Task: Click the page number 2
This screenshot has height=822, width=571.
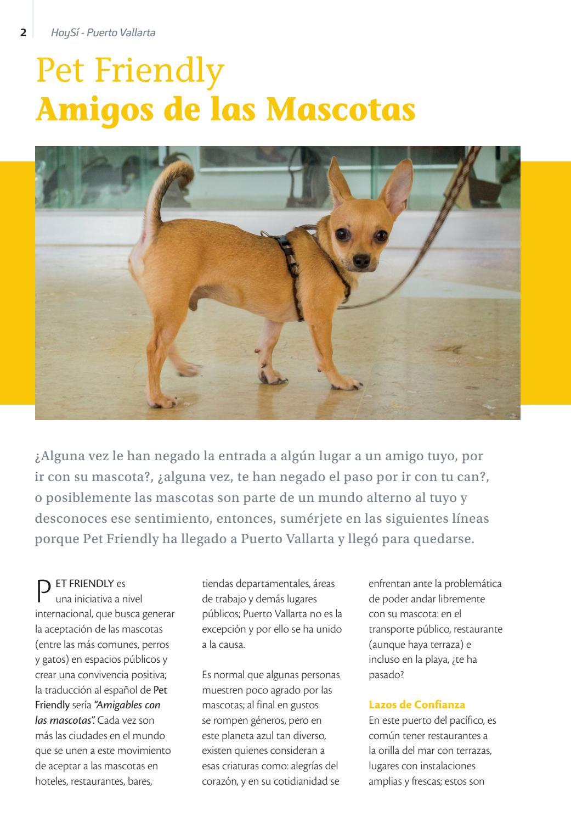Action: pyautogui.click(x=23, y=32)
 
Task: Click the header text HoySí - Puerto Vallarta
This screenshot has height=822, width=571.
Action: pyautogui.click(x=103, y=32)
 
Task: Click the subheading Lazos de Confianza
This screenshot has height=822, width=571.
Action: pyautogui.click(x=417, y=704)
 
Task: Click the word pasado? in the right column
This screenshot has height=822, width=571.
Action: pyautogui.click(x=386, y=674)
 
